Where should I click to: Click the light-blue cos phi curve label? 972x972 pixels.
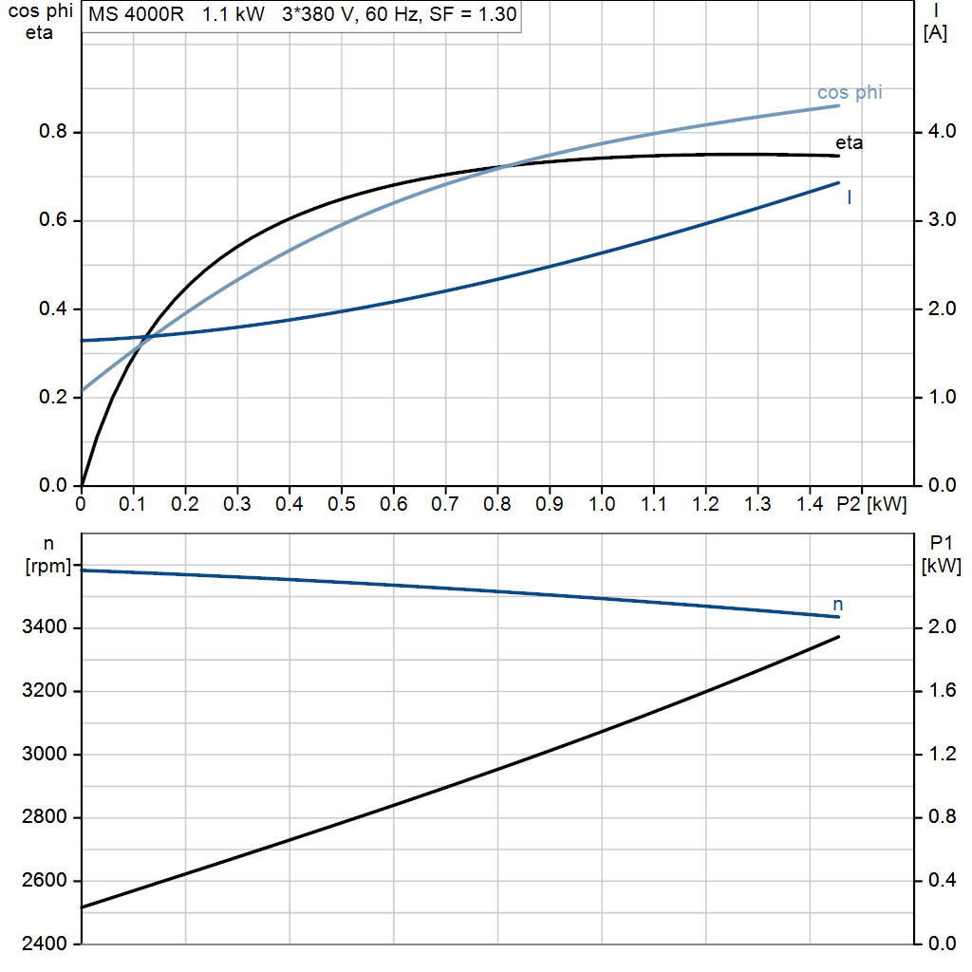pyautogui.click(x=850, y=93)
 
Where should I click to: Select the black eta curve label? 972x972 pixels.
pyautogui.click(x=849, y=143)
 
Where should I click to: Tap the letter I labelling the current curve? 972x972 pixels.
pyautogui.click(x=850, y=197)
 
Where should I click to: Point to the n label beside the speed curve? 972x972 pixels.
pyautogui.click(x=837, y=605)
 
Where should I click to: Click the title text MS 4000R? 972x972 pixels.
pyautogui.click(x=136, y=14)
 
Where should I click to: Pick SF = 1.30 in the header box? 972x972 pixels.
pyautogui.click(x=473, y=14)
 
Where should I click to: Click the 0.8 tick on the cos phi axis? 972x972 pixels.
pyautogui.click(x=53, y=131)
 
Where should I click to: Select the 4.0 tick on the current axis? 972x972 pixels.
pyautogui.click(x=942, y=131)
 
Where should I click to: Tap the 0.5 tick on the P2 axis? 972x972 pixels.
pyautogui.click(x=341, y=504)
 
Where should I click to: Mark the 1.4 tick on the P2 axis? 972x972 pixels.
pyautogui.click(x=810, y=504)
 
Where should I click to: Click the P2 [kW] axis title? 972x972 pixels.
pyautogui.click(x=871, y=504)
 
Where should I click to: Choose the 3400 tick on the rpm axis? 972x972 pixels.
pyautogui.click(x=44, y=627)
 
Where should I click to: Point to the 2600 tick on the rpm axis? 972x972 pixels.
pyautogui.click(x=44, y=880)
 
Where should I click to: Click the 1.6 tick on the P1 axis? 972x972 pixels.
pyautogui.click(x=942, y=691)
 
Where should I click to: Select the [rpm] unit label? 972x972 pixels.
pyautogui.click(x=48, y=566)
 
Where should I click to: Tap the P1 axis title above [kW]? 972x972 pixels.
pyautogui.click(x=941, y=544)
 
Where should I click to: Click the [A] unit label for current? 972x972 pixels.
pyautogui.click(x=935, y=33)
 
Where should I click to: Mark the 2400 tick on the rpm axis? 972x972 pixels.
pyautogui.click(x=44, y=944)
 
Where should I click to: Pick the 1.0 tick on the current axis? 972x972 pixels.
pyautogui.click(x=942, y=397)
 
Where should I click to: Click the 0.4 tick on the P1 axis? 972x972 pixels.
pyautogui.click(x=942, y=880)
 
